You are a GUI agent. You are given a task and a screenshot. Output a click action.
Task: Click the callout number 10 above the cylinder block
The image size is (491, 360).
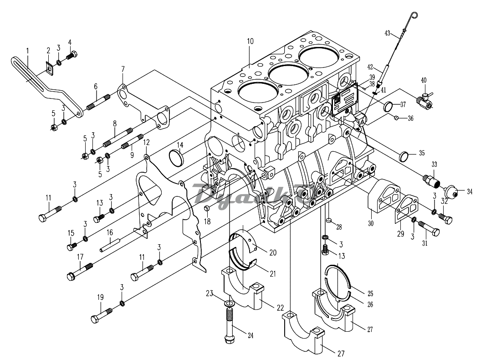[250, 41]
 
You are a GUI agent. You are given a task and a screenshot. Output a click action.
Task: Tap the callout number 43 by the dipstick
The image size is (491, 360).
[388, 33]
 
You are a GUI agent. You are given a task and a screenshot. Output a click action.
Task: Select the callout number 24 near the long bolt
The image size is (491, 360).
[250, 336]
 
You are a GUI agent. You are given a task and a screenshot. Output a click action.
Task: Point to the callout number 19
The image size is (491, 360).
[100, 297]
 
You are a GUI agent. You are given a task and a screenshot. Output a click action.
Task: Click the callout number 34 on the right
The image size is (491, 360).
[469, 191]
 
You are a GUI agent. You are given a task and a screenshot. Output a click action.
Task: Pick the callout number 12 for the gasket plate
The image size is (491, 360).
[146, 143]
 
